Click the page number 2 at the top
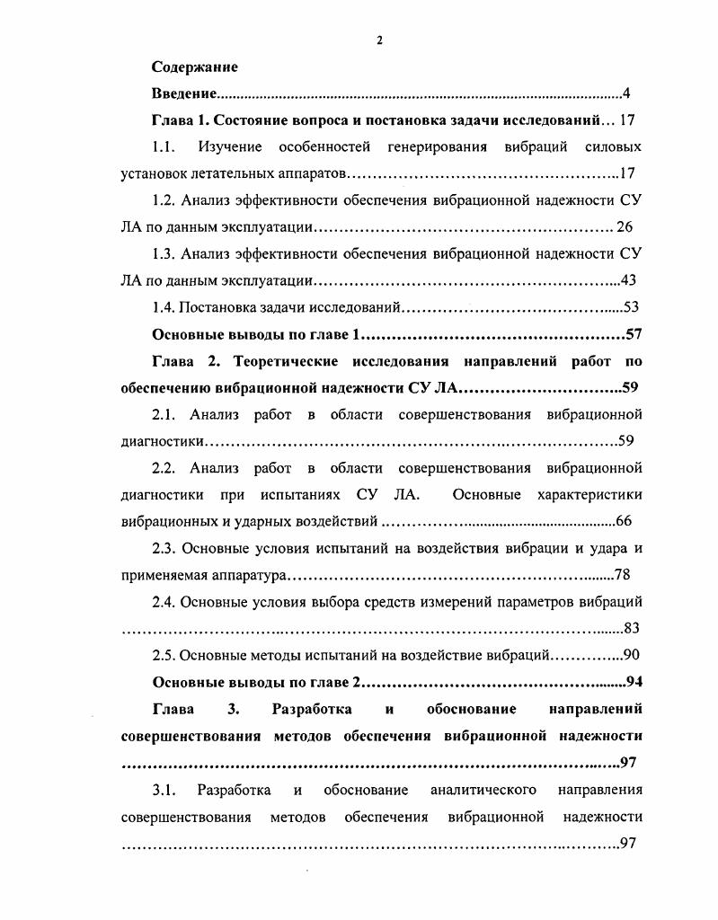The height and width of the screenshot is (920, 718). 379,40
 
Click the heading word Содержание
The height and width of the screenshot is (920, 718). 195,67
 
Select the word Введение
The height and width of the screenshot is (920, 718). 184,93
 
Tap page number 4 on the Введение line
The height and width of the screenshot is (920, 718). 628,93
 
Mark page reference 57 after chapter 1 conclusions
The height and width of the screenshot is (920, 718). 633,334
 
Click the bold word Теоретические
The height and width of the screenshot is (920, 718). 285,361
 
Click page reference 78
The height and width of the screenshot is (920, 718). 622,575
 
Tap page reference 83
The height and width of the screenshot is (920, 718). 631,628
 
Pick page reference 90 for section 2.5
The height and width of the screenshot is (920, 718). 630,655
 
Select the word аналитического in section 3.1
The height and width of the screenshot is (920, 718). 483,790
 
